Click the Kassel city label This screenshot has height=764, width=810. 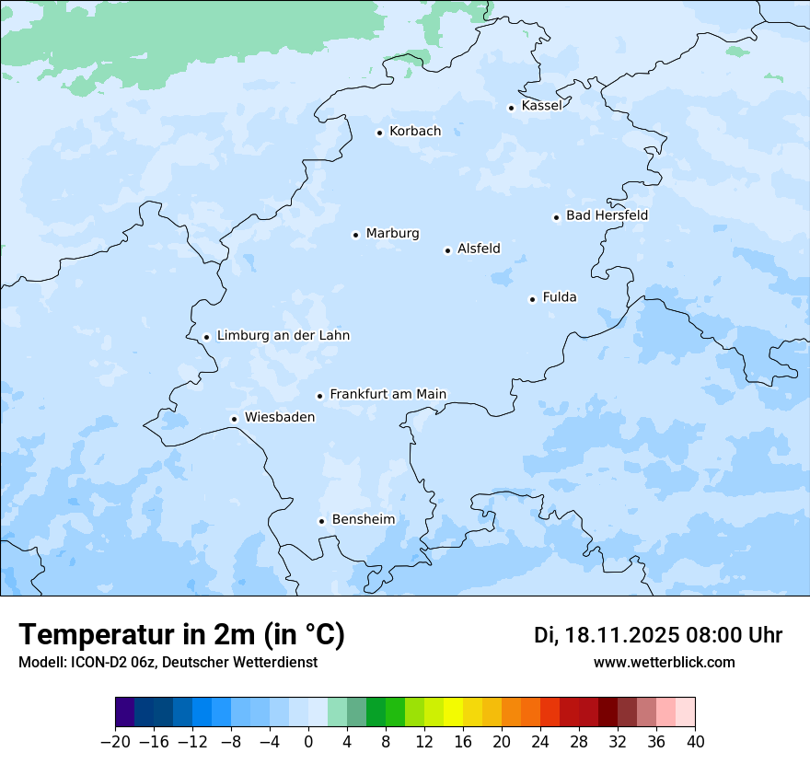[541, 106]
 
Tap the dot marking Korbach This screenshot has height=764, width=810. [379, 133]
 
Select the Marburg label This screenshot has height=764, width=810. [392, 234]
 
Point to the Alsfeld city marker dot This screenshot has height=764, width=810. [447, 250]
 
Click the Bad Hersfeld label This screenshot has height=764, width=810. [607, 215]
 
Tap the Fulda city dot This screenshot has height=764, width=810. [532, 299]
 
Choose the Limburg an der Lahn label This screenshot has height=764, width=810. [283, 336]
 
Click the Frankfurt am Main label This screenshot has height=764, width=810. [388, 394]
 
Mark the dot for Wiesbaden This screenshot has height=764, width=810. [235, 420]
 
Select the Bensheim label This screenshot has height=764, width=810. [363, 519]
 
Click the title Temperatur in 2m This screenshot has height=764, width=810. [181, 635]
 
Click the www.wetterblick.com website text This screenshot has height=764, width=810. [664, 662]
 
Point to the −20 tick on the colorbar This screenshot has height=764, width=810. [115, 742]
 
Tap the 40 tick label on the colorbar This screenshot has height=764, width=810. [695, 742]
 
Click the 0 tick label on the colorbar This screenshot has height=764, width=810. [308, 742]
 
